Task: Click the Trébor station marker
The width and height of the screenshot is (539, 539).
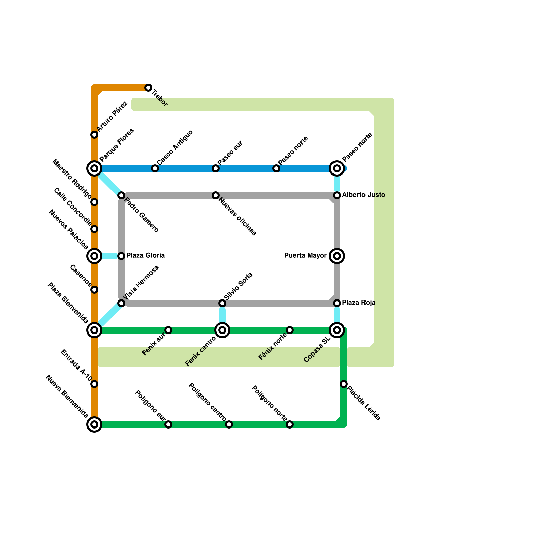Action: (x=148, y=88)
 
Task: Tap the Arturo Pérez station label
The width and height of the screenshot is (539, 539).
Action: (x=112, y=117)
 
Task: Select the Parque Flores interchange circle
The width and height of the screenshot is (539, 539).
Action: (x=94, y=168)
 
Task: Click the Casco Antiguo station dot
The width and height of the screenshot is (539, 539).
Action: (x=155, y=168)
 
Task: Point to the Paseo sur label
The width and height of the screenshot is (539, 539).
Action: (x=230, y=153)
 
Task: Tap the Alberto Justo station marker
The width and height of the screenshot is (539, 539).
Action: (x=337, y=195)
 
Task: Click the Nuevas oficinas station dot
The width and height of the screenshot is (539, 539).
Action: (x=216, y=195)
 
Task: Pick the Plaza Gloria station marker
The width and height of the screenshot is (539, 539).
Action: (x=121, y=256)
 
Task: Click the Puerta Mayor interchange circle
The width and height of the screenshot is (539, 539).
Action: (x=337, y=256)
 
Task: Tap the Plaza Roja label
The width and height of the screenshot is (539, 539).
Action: (x=358, y=303)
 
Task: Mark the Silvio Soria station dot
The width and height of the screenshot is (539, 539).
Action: (x=222, y=303)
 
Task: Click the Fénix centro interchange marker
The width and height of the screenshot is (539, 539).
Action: (x=222, y=330)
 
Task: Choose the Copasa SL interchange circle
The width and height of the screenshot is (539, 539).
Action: (x=337, y=330)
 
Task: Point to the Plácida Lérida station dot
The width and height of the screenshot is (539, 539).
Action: (x=344, y=384)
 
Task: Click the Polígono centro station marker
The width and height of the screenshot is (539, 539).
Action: (x=229, y=424)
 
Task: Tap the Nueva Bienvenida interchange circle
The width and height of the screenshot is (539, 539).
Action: (x=94, y=424)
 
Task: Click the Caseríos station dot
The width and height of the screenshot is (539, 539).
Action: (x=94, y=290)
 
